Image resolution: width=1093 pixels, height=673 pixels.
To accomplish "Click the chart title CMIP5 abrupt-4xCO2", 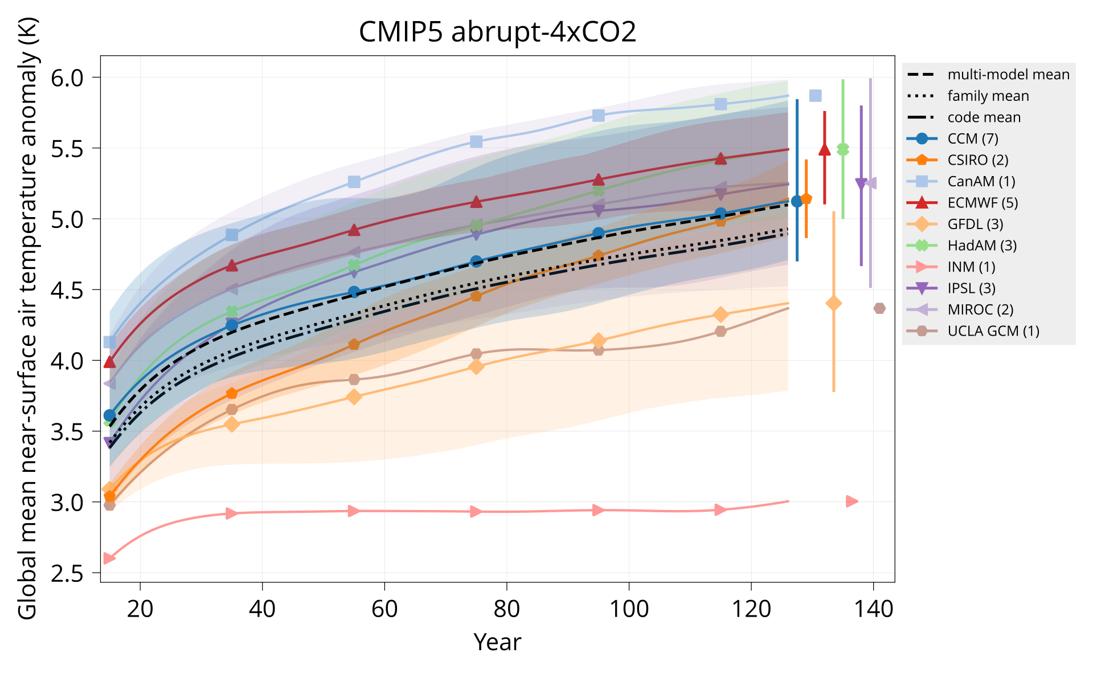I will point(497,32).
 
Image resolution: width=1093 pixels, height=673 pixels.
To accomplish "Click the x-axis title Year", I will point(497,642).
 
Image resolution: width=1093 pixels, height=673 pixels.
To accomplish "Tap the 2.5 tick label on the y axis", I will point(67,573).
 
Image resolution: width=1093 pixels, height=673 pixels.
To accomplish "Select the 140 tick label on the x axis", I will point(873,610).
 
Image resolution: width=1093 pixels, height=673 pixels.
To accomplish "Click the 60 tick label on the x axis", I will point(384,610).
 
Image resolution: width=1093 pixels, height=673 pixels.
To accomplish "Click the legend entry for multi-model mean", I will point(1008,75).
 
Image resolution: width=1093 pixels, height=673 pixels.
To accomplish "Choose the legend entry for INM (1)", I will point(971,267).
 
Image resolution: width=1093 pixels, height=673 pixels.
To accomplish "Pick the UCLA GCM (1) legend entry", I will point(993,331).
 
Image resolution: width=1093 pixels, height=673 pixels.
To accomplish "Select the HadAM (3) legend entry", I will point(982,246).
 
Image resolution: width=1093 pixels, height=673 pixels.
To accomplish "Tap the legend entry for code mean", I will point(984,117).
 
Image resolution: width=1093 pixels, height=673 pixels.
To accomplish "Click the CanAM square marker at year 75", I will point(476,141).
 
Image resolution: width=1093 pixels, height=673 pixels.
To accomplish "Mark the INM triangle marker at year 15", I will point(109,558).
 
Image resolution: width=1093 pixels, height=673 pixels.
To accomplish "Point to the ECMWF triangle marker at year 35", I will point(232,266).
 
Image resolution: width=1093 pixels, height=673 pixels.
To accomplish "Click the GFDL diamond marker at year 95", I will point(598,341).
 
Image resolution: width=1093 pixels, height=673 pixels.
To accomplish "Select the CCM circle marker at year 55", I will point(354,292).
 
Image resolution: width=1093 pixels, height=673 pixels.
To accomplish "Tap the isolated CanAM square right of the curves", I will point(815,96).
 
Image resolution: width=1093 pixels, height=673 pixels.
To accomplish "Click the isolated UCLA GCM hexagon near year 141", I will point(879,308).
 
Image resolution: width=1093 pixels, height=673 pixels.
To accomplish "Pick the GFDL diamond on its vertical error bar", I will point(833,303).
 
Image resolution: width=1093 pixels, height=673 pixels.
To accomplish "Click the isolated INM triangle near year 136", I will point(852,501).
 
